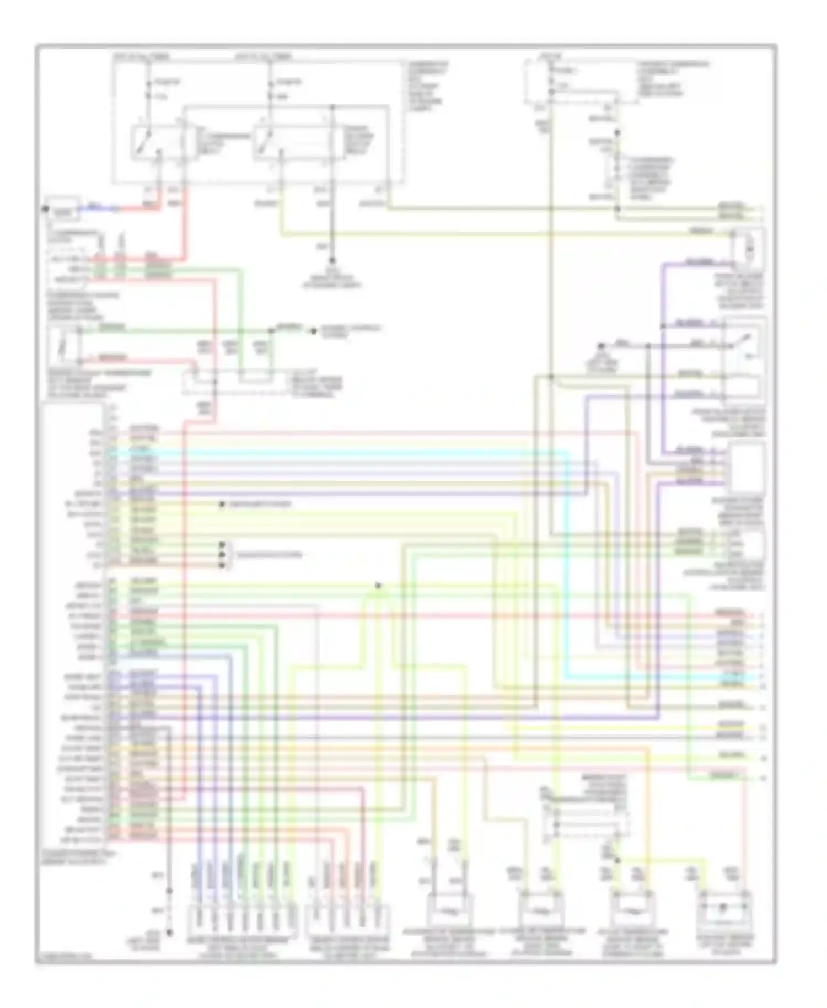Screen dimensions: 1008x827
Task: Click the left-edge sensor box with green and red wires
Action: coord(64,346)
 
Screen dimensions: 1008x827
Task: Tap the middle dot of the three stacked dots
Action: coord(222,555)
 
